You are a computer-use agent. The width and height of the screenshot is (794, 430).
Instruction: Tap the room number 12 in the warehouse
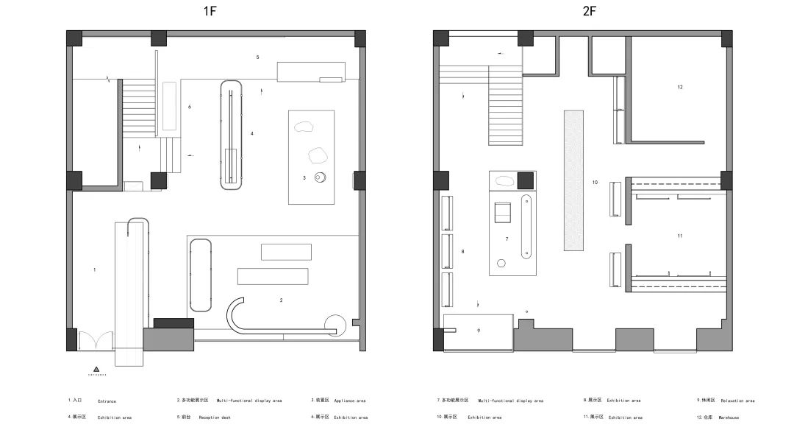tap(680, 87)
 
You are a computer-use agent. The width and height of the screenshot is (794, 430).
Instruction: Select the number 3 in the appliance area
tap(304, 177)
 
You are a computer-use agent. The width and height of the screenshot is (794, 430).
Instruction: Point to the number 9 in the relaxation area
tap(478, 331)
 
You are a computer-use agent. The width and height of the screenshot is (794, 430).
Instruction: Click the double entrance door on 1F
tap(96, 340)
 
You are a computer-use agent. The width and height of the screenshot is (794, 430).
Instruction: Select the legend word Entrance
tap(106, 401)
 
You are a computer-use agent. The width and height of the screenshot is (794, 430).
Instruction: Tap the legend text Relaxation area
tap(737, 401)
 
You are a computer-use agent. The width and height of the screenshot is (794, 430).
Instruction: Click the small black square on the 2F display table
tap(525, 180)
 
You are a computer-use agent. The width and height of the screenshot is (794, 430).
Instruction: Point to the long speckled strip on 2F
tap(573, 180)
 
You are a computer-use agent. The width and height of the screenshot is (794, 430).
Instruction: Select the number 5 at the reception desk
tap(257, 57)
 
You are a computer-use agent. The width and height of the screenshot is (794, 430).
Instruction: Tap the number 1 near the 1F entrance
tap(94, 270)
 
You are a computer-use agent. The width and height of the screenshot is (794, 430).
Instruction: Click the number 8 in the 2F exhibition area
tap(462, 252)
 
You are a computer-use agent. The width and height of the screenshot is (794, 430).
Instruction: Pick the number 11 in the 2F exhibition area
tap(680, 236)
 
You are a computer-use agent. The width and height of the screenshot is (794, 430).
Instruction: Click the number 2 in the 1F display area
tap(281, 300)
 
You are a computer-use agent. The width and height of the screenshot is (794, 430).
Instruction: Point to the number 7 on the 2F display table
tap(507, 239)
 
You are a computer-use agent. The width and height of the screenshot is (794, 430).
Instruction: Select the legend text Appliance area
tap(350, 401)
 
